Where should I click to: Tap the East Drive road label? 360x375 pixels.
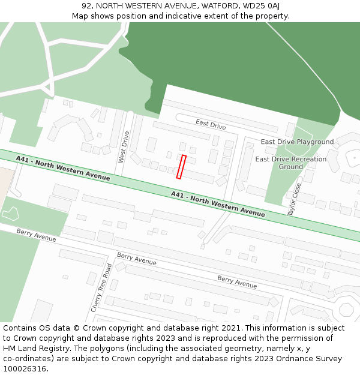(211, 124)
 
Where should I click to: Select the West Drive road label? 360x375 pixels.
(124, 146)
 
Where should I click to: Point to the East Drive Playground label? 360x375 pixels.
(297, 142)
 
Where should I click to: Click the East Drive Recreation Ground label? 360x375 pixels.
(291, 163)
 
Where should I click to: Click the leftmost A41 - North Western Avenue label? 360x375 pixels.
(63, 168)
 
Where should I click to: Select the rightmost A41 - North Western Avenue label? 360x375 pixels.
(217, 203)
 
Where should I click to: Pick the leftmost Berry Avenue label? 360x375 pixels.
(36, 235)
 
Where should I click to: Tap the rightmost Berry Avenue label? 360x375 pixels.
(237, 281)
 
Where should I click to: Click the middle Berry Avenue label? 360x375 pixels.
(137, 259)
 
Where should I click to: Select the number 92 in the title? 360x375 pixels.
(87, 6)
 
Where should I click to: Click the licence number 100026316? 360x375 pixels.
(25, 369)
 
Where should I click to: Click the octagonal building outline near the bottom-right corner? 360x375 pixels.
(346, 310)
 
